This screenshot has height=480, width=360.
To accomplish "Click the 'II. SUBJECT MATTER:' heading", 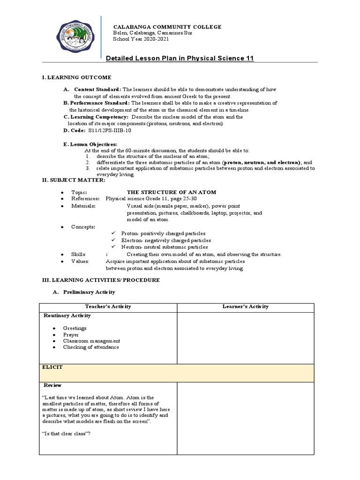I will point(74,180).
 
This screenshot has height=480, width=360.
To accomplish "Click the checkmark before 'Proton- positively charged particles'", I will point(113,233).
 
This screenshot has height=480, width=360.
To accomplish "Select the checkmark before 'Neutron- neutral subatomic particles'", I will point(113,247).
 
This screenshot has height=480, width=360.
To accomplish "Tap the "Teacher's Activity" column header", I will point(108,307).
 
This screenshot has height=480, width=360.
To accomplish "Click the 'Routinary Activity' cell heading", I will point(67,316).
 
